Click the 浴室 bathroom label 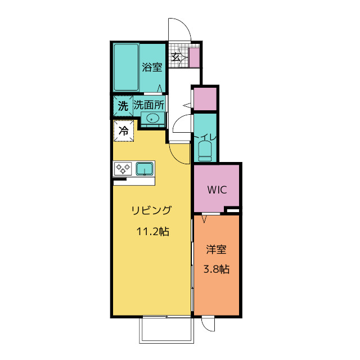(152, 67)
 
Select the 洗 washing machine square (122, 105)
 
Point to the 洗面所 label (148, 105)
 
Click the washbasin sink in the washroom (151, 119)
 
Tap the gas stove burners (123, 168)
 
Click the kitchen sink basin (145, 168)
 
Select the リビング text (151, 211)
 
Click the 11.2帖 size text (151, 231)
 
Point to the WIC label (216, 190)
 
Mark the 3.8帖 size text (216, 269)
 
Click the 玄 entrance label (176, 56)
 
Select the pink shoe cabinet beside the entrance (195, 58)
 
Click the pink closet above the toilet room (205, 100)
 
